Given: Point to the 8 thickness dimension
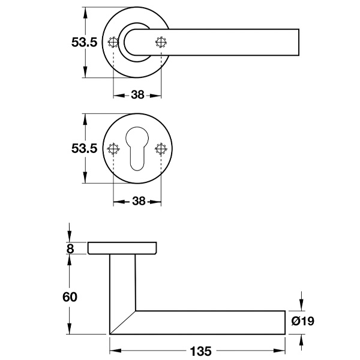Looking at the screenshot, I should (70, 247).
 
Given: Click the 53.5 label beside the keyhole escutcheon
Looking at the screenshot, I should (84, 149).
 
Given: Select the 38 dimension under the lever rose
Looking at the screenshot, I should (137, 95).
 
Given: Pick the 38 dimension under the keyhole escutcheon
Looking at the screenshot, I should (138, 202).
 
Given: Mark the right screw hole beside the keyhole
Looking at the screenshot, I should (160, 149).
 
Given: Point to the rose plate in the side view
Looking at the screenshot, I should (124, 248).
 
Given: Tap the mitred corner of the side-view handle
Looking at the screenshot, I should (123, 322).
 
